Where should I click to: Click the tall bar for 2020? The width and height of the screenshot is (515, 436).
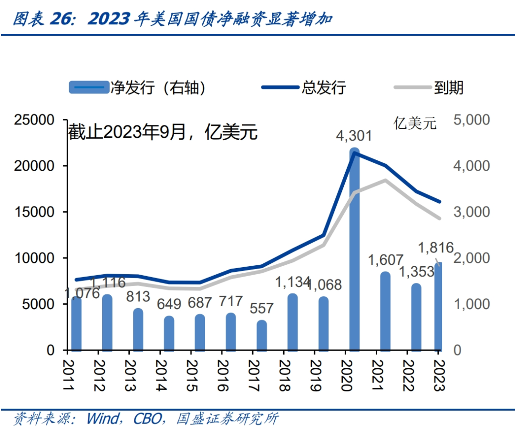(x=354, y=253)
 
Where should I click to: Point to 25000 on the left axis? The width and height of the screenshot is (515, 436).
(x=34, y=120)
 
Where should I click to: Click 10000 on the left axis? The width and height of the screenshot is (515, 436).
(x=34, y=258)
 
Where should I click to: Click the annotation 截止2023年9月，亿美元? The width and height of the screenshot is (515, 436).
(x=162, y=132)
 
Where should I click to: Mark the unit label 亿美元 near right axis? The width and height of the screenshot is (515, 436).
(x=414, y=124)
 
